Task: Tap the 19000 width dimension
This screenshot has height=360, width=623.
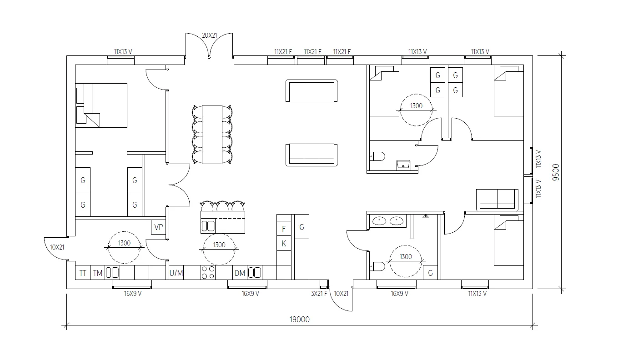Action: (x=300, y=320)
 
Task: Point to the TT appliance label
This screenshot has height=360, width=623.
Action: (x=83, y=273)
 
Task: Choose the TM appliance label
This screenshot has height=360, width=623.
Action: (x=97, y=273)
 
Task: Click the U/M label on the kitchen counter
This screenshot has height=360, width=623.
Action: (x=176, y=273)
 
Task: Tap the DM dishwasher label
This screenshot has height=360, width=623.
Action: (x=240, y=273)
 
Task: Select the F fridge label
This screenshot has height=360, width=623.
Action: (x=284, y=229)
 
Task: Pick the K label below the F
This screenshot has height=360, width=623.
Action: (x=284, y=244)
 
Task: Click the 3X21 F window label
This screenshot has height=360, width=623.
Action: (x=319, y=294)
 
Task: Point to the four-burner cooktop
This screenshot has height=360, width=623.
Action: (x=208, y=272)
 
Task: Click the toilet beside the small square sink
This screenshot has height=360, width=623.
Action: (x=377, y=157)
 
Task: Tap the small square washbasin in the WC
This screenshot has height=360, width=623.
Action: (x=403, y=164)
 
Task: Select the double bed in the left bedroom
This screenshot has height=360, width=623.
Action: (x=101, y=105)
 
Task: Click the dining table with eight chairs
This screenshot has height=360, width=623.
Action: (x=212, y=134)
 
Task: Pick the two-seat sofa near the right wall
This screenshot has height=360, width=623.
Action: (x=497, y=199)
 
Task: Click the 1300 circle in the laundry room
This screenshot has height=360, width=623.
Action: (x=124, y=248)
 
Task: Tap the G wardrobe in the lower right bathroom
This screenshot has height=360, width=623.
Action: (x=430, y=274)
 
